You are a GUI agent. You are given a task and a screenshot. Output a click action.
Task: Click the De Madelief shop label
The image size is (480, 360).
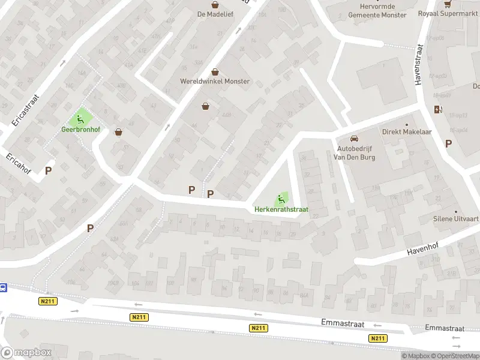point(215,14)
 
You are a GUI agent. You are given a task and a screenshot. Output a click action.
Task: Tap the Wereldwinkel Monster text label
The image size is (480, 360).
point(215,81)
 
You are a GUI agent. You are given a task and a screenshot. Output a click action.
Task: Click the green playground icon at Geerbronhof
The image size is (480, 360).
point(80,118)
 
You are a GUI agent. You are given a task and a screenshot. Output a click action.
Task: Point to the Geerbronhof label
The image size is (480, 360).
point(80,129)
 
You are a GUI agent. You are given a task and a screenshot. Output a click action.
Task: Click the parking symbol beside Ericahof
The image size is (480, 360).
point(48,170)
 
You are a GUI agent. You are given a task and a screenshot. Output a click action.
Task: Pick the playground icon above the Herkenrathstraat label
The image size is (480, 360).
point(281,199)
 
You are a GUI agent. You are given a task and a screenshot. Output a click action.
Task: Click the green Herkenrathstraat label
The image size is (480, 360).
point(281,209)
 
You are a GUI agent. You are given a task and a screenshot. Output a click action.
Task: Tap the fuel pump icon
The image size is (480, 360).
point(438,109)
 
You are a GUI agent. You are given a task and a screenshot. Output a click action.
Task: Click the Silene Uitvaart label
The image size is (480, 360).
point(456,220)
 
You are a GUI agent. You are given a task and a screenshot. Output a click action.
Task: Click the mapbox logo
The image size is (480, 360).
point(26,353)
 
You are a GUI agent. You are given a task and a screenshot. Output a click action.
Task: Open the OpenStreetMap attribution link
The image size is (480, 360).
point(455,356)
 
